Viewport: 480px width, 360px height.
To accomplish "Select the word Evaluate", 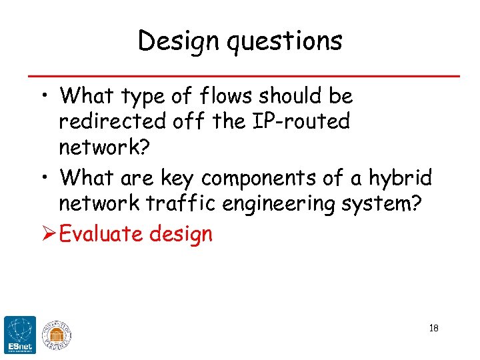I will (102, 234).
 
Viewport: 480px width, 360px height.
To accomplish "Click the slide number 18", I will (433, 328).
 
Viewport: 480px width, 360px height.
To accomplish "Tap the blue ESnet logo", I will (20, 333).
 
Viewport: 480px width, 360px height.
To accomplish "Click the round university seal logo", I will (57, 334).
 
